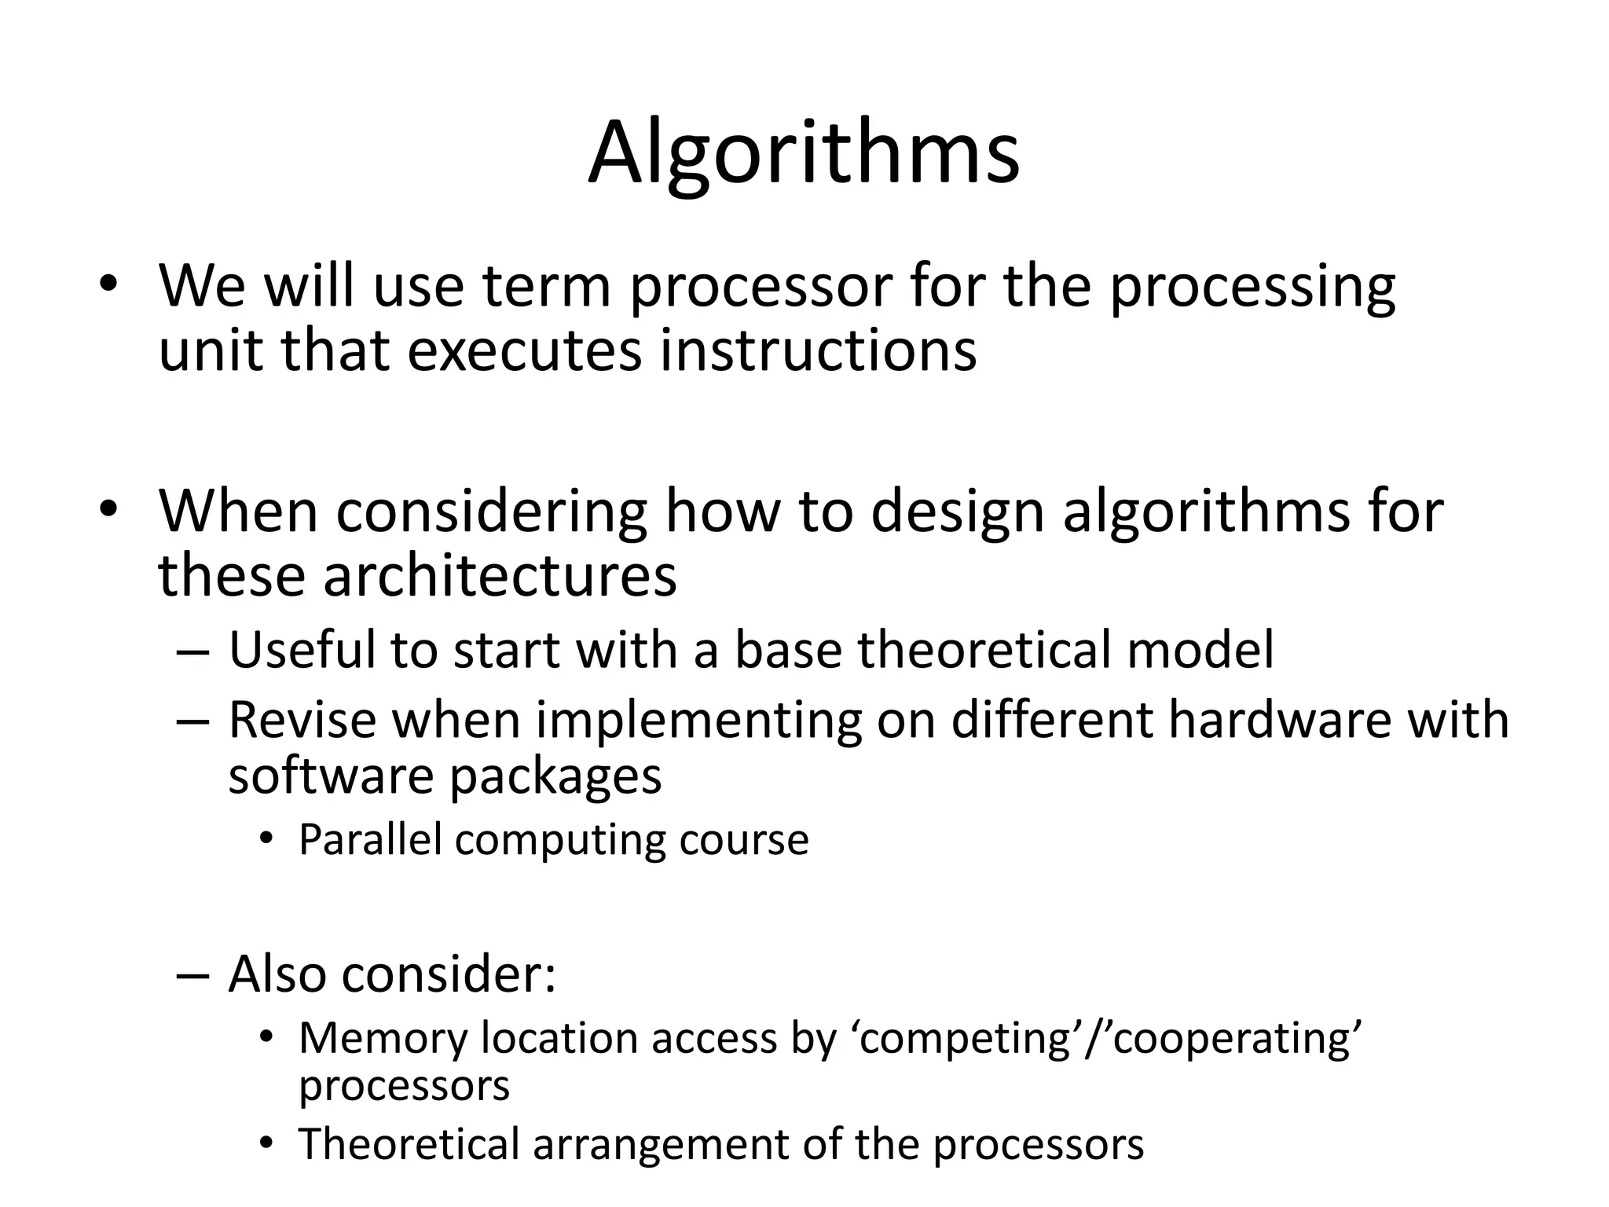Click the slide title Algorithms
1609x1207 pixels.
[803, 153]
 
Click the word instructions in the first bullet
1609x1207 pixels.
[818, 350]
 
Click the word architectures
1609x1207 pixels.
[499, 576]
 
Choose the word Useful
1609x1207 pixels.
[302, 651]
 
